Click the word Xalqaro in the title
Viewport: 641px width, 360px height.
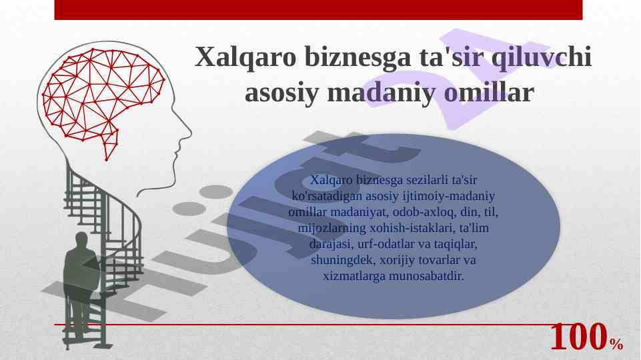coord(245,57)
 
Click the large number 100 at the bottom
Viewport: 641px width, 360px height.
coord(578,337)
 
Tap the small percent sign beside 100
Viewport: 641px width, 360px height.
coord(617,344)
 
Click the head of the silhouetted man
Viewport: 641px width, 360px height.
coord(81,240)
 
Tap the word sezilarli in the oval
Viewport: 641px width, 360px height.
coord(426,180)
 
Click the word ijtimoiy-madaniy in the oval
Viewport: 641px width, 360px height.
coord(449,196)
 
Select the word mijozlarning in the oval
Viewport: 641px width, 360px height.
coord(332,228)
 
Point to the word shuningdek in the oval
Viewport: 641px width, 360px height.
coord(343,260)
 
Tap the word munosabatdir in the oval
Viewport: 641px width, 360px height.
coord(426,276)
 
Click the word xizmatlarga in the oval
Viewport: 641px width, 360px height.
coord(354,276)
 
